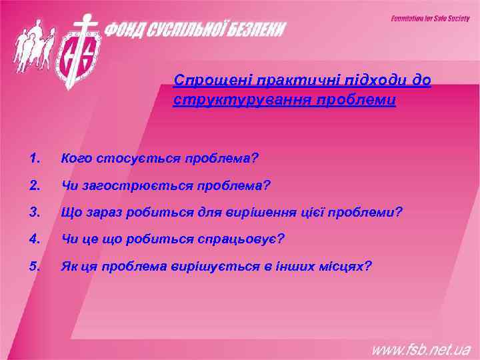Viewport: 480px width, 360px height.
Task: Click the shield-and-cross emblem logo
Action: coord(81,50)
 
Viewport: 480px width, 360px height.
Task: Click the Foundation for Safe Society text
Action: coord(430,19)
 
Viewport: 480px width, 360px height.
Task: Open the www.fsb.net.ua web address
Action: coord(421,347)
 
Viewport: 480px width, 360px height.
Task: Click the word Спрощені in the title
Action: coord(203,81)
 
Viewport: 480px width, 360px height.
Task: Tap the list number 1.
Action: coord(35,159)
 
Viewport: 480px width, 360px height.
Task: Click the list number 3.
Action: coord(35,212)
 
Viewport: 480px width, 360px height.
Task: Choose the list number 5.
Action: coord(35,266)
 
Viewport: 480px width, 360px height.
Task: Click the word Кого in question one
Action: coord(74,159)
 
